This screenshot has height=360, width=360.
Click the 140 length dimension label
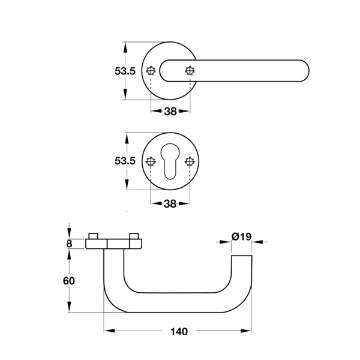[x=179, y=331]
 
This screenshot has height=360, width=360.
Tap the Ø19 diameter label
[x=242, y=236]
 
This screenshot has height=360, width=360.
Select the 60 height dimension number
[x=69, y=281]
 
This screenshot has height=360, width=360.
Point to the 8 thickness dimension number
[x=69, y=244]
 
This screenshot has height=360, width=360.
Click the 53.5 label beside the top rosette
[x=125, y=71]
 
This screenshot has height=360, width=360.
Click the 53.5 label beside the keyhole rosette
[x=125, y=161]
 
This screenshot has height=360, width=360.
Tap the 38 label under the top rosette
[x=170, y=112]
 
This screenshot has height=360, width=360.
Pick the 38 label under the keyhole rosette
[x=170, y=203]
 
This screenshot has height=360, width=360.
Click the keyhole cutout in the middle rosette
[x=170, y=161]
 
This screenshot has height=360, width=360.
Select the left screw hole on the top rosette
[x=151, y=71]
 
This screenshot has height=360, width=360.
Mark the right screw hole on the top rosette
[x=190, y=71]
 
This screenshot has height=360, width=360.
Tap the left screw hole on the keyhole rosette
[x=151, y=161]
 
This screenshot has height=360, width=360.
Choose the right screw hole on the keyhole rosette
[x=190, y=161]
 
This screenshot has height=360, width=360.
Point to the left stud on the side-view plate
[x=94, y=236]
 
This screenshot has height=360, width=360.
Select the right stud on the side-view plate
[x=134, y=236]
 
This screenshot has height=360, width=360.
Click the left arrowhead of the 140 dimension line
[x=109, y=331]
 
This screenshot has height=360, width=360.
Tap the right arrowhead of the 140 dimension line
[x=246, y=331]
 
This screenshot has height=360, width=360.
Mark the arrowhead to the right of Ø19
[x=257, y=242]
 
